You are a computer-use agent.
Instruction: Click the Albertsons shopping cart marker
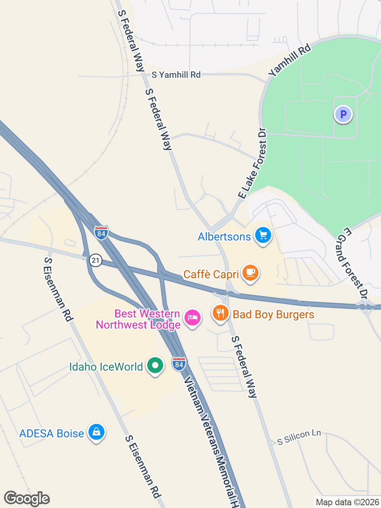coord(262,235)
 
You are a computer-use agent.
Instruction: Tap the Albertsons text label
coord(224,237)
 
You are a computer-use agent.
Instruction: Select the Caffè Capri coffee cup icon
coord(250,273)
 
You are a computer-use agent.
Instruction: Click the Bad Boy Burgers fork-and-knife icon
coord(220,313)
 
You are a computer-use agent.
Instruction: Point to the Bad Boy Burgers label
coord(273,315)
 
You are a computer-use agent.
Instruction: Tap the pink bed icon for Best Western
coord(192,317)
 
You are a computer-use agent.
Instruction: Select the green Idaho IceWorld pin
coord(155,365)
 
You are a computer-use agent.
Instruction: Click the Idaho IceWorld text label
coord(106,367)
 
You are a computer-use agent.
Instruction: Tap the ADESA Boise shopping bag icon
coord(96,432)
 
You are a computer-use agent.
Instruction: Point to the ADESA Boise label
coord(52,433)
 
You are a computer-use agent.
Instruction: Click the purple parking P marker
coord(343,115)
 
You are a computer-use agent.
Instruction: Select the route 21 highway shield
coord(96,260)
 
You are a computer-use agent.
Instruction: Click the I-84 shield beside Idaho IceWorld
coord(179,364)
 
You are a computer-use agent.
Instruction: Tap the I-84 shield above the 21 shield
coord(101,233)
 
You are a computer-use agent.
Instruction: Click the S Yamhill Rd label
coord(176,75)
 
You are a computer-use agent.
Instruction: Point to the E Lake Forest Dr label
coord(253,163)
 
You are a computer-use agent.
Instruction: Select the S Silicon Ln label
coord(299,437)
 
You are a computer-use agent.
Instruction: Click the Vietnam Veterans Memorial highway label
coord(212,441)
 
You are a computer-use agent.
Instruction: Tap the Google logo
coord(27,498)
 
